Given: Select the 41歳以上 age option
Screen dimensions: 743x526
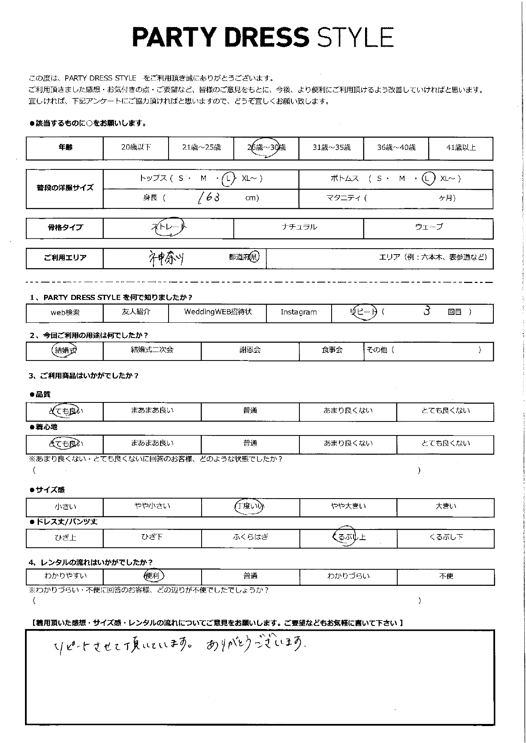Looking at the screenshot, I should pos(461,148).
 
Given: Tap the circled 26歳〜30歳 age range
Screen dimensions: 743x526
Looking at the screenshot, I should pos(266,148).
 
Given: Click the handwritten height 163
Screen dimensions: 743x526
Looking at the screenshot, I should pos(209,197).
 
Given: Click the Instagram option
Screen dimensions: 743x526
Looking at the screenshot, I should pos(299,313).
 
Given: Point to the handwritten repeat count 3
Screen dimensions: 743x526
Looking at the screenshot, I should pos(427,311).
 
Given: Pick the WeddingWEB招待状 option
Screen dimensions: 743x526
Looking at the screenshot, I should pos(218,312).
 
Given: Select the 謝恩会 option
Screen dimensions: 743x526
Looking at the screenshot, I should pos(250,350).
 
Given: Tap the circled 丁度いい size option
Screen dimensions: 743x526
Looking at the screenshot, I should pos(250,506).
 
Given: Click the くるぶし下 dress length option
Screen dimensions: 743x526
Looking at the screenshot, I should pos(446,538).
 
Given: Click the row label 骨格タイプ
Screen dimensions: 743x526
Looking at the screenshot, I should pos(65,228).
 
